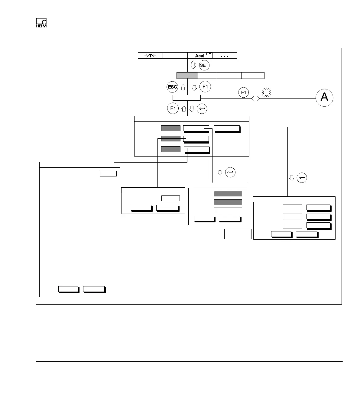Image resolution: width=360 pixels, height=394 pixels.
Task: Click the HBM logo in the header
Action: point(41,23)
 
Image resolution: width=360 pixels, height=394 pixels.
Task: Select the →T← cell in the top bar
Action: point(150,56)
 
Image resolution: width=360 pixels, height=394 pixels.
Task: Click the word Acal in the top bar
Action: point(199,56)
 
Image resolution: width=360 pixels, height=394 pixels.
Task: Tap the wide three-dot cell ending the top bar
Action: point(225,56)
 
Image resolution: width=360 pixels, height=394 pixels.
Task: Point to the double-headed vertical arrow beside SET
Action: point(193,65)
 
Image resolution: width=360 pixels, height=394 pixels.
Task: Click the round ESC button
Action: point(172,87)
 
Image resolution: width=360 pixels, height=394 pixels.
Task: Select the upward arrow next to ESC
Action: point(183,88)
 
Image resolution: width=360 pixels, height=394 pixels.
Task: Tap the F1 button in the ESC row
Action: point(205,87)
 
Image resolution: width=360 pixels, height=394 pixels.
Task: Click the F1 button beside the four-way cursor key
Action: point(244,92)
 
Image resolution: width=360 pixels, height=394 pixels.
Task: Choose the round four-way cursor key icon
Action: point(266,92)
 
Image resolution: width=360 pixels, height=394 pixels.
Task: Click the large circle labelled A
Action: point(324,98)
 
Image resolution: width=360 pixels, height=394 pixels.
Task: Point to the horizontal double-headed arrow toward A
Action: point(255,98)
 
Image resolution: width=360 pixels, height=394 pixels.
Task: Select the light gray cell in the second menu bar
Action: point(187,76)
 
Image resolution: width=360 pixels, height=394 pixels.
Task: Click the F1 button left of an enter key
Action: point(173,108)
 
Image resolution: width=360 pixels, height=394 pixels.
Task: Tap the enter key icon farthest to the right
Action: point(302,178)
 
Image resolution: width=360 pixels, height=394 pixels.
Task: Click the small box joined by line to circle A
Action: point(186,98)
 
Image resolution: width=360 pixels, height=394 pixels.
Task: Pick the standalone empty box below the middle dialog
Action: point(238,234)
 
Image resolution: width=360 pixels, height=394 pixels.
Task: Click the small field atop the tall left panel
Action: point(108,173)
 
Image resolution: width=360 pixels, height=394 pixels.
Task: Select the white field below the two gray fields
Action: point(228,210)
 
